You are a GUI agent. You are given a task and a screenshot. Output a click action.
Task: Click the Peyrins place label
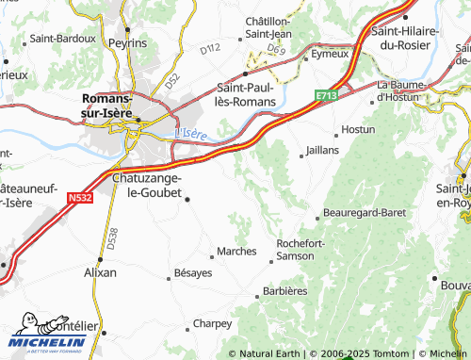coord(127,43)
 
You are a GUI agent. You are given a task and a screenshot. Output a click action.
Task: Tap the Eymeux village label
coord(330,55)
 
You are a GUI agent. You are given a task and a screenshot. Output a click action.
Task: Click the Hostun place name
coord(358,129)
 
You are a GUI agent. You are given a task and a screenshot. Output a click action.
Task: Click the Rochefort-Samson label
coord(302,250)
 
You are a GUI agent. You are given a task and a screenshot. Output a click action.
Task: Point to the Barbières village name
coord(284,291)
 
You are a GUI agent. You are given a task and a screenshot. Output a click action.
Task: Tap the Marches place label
coord(236,252)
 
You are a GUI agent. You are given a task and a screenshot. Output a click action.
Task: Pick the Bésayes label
coord(193,273)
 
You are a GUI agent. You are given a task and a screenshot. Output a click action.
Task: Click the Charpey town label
coord(212,323)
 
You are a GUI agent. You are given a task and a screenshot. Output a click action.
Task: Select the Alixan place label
coord(101,272)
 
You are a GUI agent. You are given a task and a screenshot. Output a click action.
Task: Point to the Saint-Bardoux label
coord(62,40)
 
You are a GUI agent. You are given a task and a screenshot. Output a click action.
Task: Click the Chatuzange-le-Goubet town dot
coord(187,199)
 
